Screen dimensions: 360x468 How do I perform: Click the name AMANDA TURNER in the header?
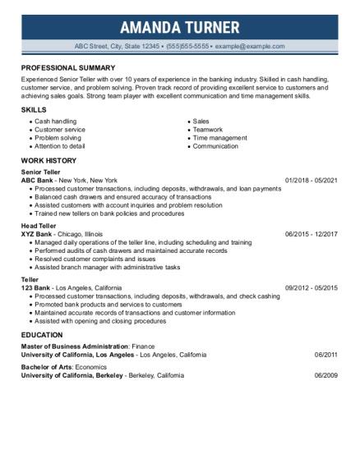(179, 27)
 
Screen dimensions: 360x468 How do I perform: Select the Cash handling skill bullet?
(53, 121)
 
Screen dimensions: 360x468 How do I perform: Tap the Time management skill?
(219, 137)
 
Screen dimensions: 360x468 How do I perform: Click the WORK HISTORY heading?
(51, 159)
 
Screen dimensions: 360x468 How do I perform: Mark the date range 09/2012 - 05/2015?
(312, 288)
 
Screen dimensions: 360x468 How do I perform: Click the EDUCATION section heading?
(41, 335)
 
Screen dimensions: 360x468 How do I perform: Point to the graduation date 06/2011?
(326, 355)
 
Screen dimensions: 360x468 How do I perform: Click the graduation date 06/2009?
(326, 374)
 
